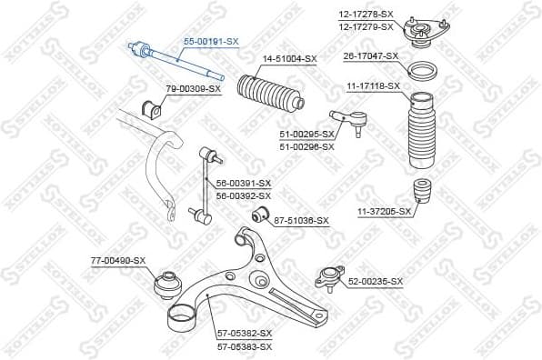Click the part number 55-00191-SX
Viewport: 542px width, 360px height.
(x=211, y=42)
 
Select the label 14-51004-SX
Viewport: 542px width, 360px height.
(x=289, y=59)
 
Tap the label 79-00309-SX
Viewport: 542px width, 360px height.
(x=193, y=88)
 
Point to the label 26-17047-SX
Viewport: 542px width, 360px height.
(x=370, y=56)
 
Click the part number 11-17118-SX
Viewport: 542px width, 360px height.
(x=373, y=85)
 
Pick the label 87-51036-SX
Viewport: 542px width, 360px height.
(x=301, y=220)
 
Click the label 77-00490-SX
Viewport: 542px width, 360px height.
(x=117, y=261)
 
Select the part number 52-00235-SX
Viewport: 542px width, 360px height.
(x=375, y=282)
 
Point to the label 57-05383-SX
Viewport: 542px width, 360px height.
(x=243, y=346)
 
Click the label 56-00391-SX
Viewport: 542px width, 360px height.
(x=243, y=184)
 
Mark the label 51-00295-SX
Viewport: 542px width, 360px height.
(x=306, y=135)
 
